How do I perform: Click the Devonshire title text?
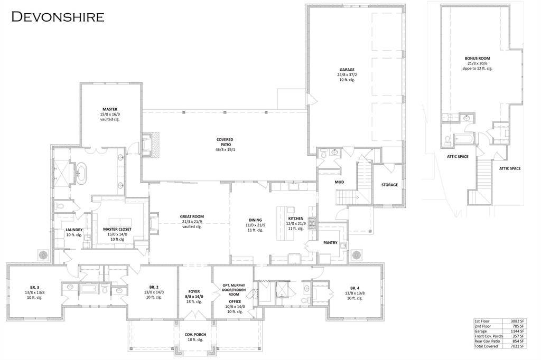[58, 16]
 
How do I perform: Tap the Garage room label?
[347, 69]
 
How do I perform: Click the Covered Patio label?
[225, 139]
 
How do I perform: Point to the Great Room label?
[191, 216]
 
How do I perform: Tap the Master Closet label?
[117, 229]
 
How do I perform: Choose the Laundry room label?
[73, 230]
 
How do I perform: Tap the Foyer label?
[194, 291]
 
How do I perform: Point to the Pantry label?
[331, 242]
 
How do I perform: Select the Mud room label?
[340, 182]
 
